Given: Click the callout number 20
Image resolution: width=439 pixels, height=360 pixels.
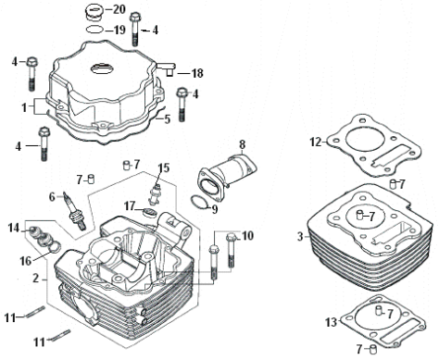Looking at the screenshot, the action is (119, 9).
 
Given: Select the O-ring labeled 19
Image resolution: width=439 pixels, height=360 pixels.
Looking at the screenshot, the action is (94, 30).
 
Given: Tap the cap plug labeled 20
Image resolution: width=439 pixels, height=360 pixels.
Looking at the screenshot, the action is (93, 13).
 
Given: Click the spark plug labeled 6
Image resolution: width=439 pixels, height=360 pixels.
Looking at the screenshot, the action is (75, 211).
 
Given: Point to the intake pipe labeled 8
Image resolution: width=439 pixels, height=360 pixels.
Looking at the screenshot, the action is (229, 173).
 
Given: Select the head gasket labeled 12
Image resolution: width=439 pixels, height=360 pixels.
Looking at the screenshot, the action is (373, 145).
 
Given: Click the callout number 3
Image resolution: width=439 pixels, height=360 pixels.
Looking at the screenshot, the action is (301, 237).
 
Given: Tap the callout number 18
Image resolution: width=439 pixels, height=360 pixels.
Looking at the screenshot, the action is (197, 73).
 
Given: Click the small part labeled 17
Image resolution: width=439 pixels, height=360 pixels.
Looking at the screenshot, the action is (150, 212).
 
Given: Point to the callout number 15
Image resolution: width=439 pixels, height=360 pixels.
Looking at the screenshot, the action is (164, 168).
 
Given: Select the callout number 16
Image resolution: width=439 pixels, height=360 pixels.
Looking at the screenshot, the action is (26, 261).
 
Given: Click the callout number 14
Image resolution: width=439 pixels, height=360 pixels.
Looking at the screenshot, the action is (14, 229).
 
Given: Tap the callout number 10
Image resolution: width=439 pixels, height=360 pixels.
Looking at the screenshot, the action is (247, 236).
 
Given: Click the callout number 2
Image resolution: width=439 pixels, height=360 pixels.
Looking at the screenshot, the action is (36, 279).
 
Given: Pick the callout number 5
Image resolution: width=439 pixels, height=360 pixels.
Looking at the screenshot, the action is (168, 119).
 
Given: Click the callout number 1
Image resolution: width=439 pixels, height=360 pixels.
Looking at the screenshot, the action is (24, 107).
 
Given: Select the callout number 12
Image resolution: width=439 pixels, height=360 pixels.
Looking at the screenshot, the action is (316, 143).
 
